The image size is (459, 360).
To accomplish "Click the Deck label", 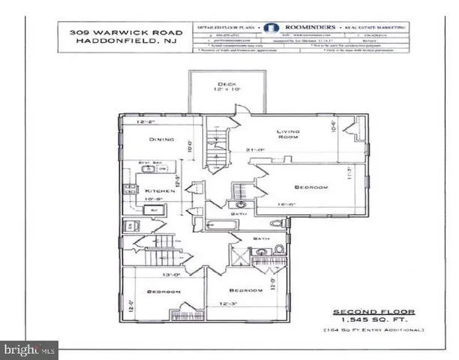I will (x=223, y=84).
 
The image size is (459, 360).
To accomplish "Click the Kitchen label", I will (x=160, y=192).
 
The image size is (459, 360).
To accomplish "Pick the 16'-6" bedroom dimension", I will (x=271, y=203).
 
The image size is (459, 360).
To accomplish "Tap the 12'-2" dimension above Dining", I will (x=148, y=121).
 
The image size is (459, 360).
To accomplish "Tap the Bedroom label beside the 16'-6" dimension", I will (x=311, y=187).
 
